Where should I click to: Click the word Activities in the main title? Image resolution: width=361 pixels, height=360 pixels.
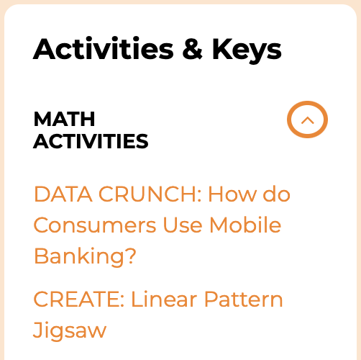pyautogui.click(x=103, y=48)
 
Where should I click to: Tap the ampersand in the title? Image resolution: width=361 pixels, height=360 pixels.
pyautogui.click(x=192, y=48)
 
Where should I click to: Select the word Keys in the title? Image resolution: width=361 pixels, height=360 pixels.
pyautogui.click(x=247, y=51)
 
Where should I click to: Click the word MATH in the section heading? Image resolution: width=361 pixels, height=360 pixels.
pyautogui.click(x=64, y=119)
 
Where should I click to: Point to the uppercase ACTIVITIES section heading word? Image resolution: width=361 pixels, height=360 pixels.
pyautogui.click(x=91, y=141)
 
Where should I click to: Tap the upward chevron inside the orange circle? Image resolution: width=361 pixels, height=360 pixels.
pyautogui.click(x=307, y=120)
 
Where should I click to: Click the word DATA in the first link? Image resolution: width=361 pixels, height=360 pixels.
pyautogui.click(x=63, y=194)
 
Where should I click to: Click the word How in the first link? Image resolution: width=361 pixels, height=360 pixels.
pyautogui.click(x=232, y=194)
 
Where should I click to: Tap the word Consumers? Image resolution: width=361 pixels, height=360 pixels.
pyautogui.click(x=95, y=225)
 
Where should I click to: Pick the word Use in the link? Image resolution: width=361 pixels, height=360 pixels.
pyautogui.click(x=183, y=225)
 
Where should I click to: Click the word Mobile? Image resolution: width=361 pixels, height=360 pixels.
pyautogui.click(x=245, y=225)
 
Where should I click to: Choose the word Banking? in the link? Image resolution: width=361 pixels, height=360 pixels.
pyautogui.click(x=85, y=256)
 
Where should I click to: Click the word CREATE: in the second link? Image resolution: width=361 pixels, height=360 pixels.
pyautogui.click(x=79, y=299)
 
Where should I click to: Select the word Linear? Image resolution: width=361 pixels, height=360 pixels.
pyautogui.click(x=164, y=299)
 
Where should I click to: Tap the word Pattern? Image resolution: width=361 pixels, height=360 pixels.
pyautogui.click(x=244, y=299)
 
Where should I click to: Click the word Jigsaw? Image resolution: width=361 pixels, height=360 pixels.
pyautogui.click(x=70, y=330)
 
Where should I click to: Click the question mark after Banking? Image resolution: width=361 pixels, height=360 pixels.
pyautogui.click(x=131, y=255)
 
